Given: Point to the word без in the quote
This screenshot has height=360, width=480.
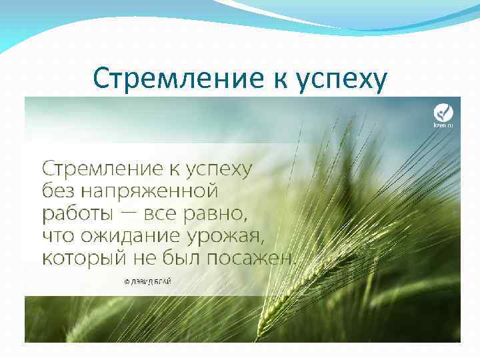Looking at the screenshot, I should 59,191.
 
